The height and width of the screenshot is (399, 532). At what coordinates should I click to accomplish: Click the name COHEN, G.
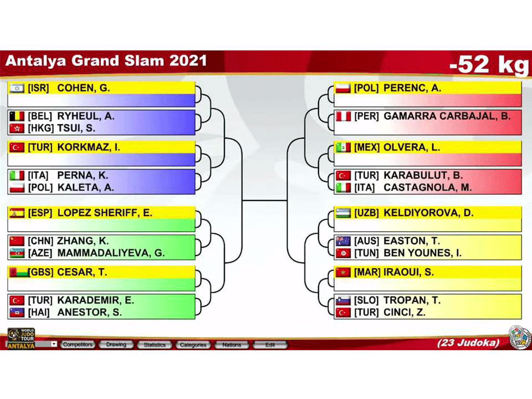coord(84,88)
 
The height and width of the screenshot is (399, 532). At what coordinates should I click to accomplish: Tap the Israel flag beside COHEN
coord(17,88)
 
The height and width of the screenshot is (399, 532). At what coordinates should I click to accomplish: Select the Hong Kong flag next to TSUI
coord(17,128)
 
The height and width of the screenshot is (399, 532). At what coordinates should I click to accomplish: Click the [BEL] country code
coord(40,116)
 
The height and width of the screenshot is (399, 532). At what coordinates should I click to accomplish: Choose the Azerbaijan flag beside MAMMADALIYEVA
coord(17,253)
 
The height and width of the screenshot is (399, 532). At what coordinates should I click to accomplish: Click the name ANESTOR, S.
coord(90,312)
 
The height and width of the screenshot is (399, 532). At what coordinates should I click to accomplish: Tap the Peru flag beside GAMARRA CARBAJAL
coord(343,116)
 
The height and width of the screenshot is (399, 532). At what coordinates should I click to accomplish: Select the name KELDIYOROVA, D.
coord(428,213)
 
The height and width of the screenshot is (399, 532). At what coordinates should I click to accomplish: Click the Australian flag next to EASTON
coord(343,241)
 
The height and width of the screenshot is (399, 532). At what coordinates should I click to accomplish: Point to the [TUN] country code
coord(366,253)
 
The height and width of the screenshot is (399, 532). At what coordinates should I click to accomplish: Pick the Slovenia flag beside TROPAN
coord(343,300)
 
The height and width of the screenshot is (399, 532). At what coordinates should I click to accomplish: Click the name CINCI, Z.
coord(405,312)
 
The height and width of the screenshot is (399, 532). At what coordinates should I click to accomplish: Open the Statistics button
coord(155,345)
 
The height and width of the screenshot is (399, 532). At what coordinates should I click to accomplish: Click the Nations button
coord(232,345)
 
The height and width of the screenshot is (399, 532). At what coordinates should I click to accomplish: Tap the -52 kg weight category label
coord(489,64)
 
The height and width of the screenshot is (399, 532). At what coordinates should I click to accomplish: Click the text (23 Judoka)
coord(468,342)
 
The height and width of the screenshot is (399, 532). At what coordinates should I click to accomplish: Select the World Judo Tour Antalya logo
coord(21,338)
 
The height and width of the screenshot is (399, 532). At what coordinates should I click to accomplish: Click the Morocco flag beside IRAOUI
coord(343,272)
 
